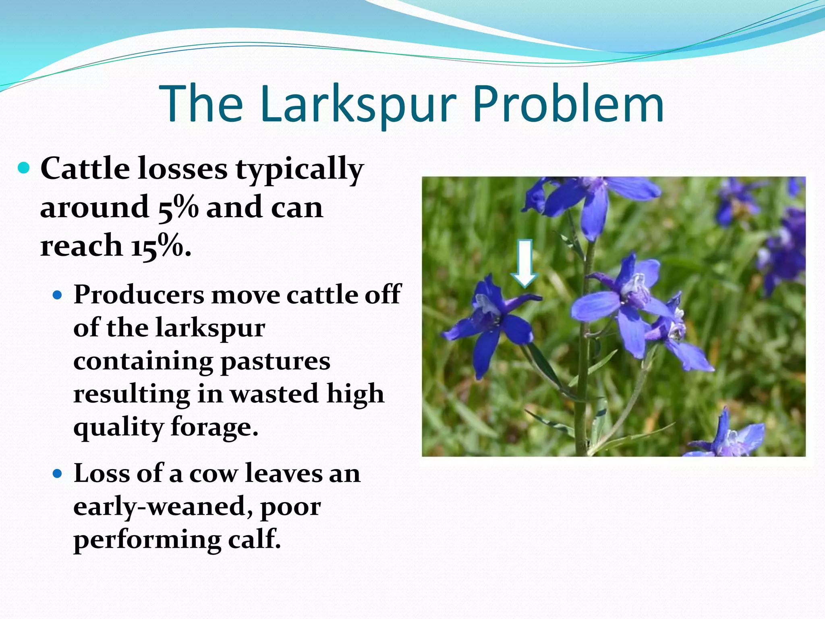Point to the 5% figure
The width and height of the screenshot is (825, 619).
click(x=178, y=208)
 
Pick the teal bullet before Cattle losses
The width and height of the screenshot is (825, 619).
click(x=24, y=168)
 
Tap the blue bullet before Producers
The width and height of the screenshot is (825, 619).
click(x=58, y=295)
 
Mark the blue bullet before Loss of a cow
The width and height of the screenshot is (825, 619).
click(x=58, y=474)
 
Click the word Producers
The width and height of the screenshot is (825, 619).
click(x=139, y=295)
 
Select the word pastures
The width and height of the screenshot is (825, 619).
click(x=276, y=361)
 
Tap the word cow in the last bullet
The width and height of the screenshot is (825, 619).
click(x=214, y=474)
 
